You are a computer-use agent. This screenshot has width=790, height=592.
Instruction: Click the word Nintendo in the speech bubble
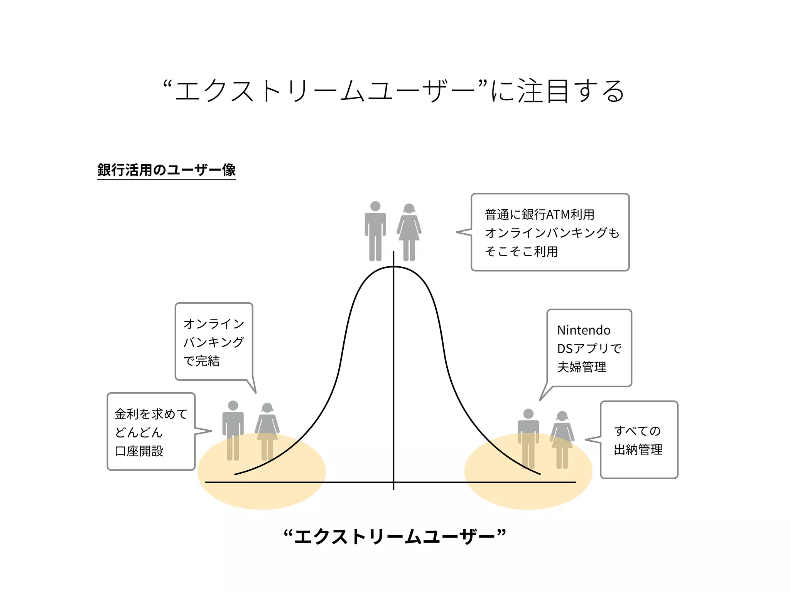coord(584,330)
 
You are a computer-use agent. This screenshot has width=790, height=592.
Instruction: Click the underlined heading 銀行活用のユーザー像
coord(166,170)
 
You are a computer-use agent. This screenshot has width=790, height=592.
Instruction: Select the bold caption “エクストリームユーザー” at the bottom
coord(394,536)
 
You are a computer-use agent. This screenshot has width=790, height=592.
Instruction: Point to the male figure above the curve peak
coord(375,231)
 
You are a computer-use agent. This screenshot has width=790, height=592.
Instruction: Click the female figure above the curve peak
coord(409,232)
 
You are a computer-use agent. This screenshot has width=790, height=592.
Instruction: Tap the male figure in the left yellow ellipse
coord(233,430)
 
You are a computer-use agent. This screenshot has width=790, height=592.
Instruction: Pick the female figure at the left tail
coord(267,432)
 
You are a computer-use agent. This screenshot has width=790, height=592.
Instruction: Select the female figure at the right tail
coord(562,439)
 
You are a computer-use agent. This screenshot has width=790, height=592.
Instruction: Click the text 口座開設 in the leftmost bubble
coord(139,451)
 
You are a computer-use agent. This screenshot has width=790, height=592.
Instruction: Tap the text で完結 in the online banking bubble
coord(201,361)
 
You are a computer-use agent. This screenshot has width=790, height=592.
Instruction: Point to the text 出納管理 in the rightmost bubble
coord(638,449)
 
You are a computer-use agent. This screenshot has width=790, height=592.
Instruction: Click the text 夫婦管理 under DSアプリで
coord(581,367)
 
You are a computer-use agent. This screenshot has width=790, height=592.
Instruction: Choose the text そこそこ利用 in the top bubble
coord(521,251)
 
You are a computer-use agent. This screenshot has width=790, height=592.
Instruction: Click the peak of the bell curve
coord(393,267)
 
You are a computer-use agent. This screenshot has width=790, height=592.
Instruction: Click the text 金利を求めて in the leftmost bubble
coord(151,414)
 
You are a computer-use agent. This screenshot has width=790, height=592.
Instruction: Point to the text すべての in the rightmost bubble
coord(637,431)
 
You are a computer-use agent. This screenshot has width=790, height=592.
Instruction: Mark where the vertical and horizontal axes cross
coord(393,482)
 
